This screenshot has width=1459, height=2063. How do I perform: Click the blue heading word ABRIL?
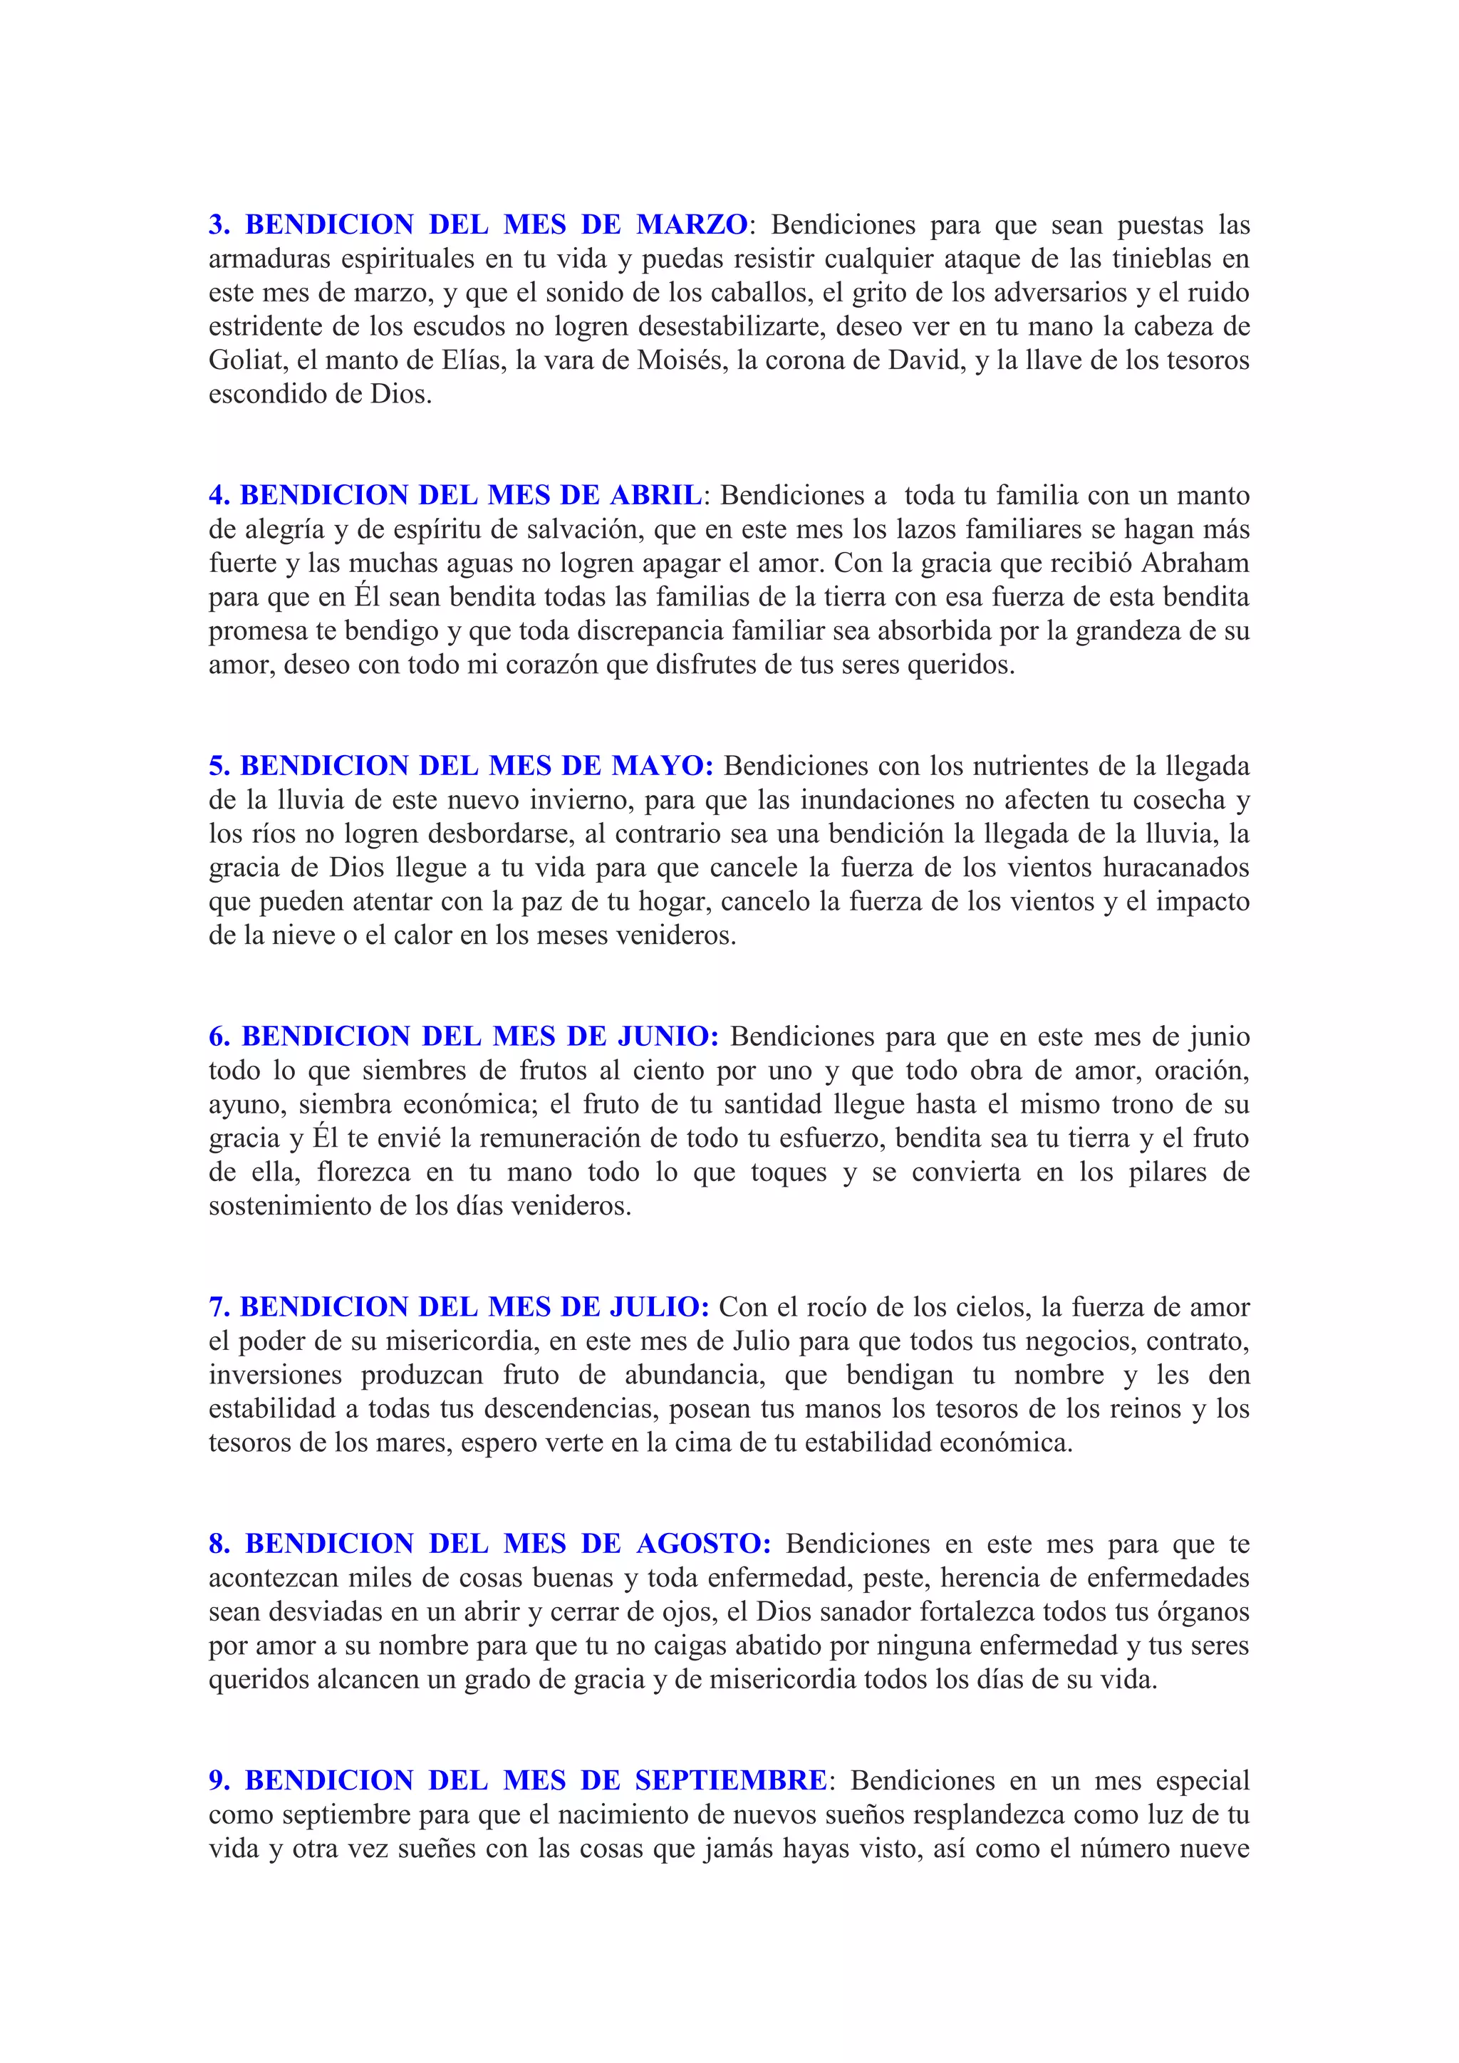tap(656, 495)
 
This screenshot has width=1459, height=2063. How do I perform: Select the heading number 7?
tap(218, 1307)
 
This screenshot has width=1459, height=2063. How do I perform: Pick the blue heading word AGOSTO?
tap(703, 1544)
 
